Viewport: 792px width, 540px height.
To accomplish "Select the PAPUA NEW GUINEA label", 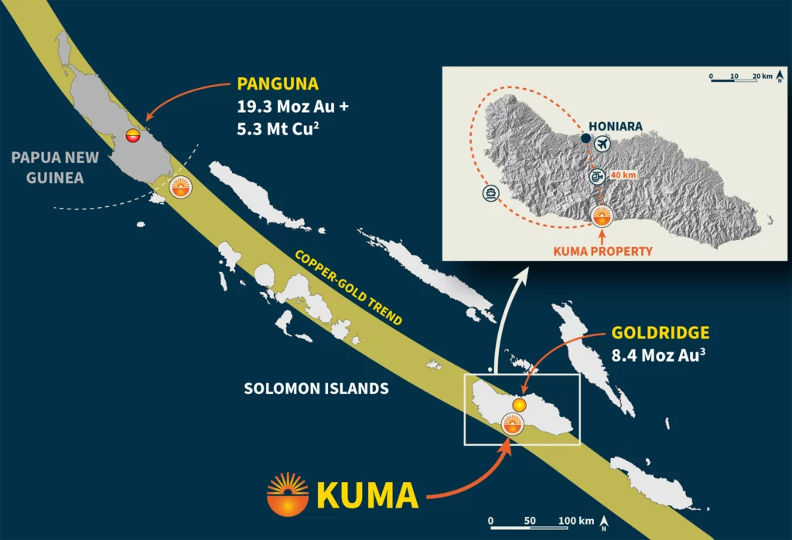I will coord(55,167).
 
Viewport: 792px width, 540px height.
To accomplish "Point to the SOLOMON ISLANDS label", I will coord(316,389).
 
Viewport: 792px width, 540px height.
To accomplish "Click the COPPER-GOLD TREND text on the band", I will coord(347,288).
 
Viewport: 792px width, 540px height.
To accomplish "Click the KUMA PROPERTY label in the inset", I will coord(603,251).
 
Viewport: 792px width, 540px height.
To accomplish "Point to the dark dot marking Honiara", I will coord(585,139).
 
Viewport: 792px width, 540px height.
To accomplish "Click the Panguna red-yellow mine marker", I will coord(133,137).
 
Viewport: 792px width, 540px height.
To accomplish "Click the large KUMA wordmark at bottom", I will coord(368,495).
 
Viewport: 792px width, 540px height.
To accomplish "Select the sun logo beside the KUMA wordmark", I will coord(287,494).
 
